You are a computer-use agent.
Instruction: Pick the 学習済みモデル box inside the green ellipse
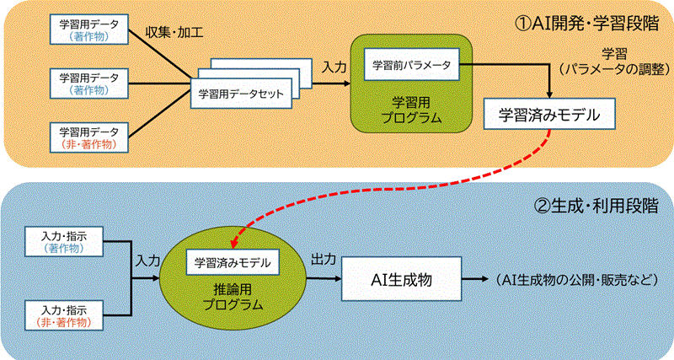click(x=232, y=262)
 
